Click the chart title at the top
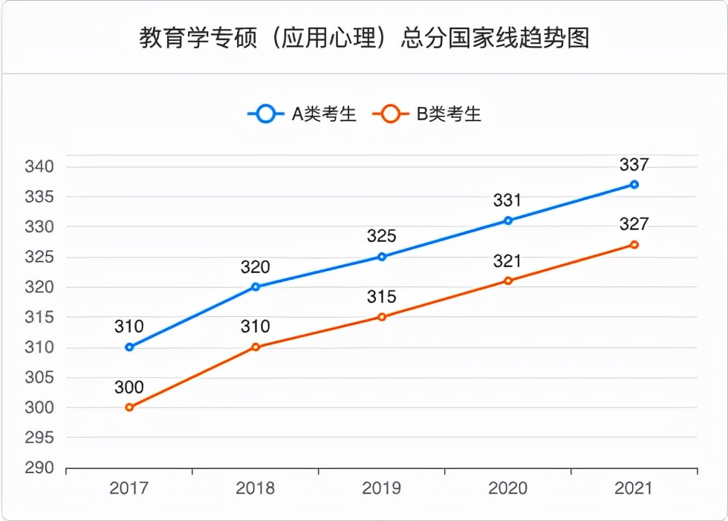(364, 38)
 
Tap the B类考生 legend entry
(427, 114)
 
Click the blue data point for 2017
(129, 347)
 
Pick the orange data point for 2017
(129, 407)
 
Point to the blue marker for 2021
(634, 184)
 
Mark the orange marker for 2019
(382, 317)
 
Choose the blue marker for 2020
(508, 220)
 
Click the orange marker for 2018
(256, 347)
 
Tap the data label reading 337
(634, 165)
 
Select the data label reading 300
(129, 387)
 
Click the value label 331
(508, 200)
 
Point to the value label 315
(382, 297)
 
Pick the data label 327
(634, 224)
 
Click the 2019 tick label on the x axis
(382, 488)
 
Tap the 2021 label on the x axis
(634, 488)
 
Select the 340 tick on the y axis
(39, 166)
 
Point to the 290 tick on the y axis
(39, 468)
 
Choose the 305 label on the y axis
(39, 378)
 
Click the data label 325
(382, 237)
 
